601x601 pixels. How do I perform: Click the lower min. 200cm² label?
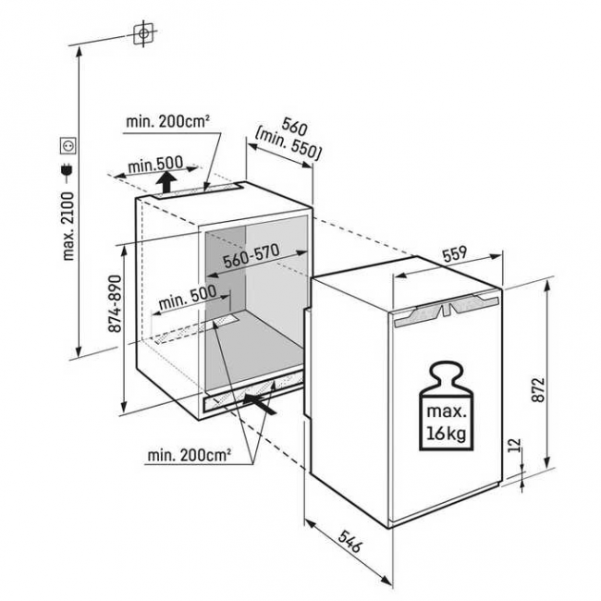click(x=189, y=455)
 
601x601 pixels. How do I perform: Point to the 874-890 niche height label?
click(x=115, y=301)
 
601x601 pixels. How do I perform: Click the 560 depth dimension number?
click(x=295, y=129)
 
